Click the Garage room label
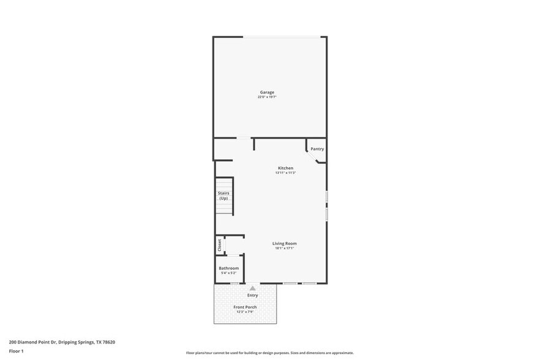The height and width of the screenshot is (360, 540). pyautogui.click(x=267, y=92)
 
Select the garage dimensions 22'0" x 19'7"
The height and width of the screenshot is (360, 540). pyautogui.click(x=267, y=97)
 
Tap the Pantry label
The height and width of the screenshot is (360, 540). pyautogui.click(x=317, y=149)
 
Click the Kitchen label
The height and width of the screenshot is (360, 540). pyautogui.click(x=285, y=168)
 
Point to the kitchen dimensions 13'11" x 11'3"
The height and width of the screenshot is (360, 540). pyautogui.click(x=285, y=173)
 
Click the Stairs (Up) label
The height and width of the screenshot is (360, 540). pyautogui.click(x=223, y=196)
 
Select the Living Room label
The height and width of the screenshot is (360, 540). pyautogui.click(x=285, y=243)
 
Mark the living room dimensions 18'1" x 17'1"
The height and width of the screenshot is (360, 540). pyautogui.click(x=285, y=248)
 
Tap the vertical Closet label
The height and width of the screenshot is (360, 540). pyautogui.click(x=220, y=245)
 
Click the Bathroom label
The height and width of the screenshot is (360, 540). pyautogui.click(x=229, y=268)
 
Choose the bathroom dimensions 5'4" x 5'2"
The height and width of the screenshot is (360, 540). pyautogui.click(x=229, y=273)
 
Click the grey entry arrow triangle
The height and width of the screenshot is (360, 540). pyautogui.click(x=252, y=287)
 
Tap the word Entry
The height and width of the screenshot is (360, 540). pyautogui.click(x=252, y=295)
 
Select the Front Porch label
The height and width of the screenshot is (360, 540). pyautogui.click(x=245, y=307)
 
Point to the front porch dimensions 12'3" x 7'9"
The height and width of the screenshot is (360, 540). pyautogui.click(x=245, y=312)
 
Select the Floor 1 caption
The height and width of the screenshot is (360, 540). pyautogui.click(x=16, y=351)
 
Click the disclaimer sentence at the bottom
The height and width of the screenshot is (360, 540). pyautogui.click(x=269, y=353)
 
